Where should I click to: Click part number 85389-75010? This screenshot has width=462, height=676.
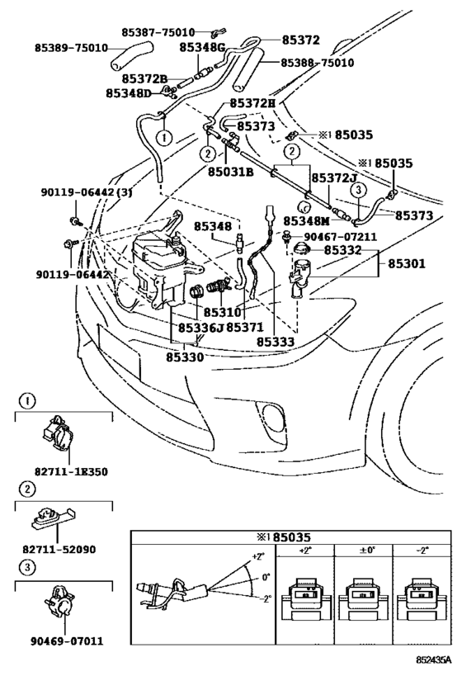pyautogui.click(x=71, y=48)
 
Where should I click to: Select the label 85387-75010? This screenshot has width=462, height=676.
pyautogui.click(x=158, y=32)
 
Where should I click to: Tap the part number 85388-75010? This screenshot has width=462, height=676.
pyautogui.click(x=318, y=63)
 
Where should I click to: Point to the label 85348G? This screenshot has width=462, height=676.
pyautogui.click(x=202, y=47)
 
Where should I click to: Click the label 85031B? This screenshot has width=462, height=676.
pyautogui.click(x=230, y=172)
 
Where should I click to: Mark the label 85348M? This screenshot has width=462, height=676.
pyautogui.click(x=306, y=221)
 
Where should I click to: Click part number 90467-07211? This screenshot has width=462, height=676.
pyautogui.click(x=341, y=237)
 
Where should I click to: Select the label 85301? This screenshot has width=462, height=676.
pyautogui.click(x=407, y=263)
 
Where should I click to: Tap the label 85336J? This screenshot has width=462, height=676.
pyautogui.click(x=200, y=328)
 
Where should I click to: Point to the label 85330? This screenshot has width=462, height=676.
pyautogui.click(x=185, y=357)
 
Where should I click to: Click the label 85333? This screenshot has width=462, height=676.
pyautogui.click(x=276, y=342)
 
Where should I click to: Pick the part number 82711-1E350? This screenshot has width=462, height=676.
pyautogui.click(x=71, y=471)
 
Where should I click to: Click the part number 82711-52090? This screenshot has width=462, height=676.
pyautogui.click(x=59, y=550)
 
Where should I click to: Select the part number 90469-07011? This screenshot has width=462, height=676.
pyautogui.click(x=67, y=641)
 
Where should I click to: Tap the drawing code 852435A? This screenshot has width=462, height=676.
pyautogui.click(x=434, y=660)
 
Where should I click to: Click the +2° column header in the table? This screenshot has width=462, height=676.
pyautogui.click(x=304, y=551)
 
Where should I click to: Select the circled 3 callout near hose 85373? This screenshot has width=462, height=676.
pyautogui.click(x=358, y=190)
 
